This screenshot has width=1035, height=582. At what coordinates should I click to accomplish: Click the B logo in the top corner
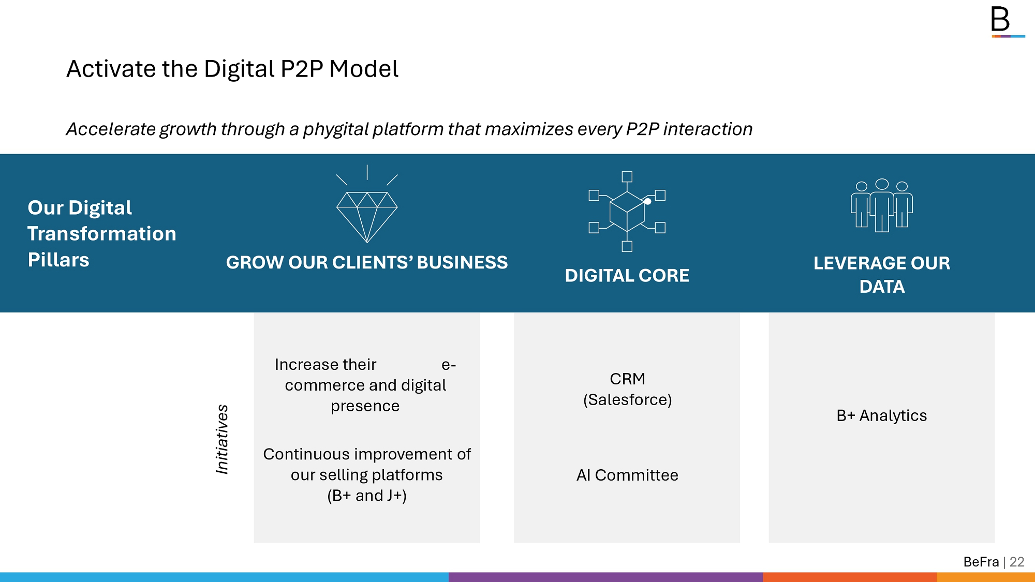tap(1007, 22)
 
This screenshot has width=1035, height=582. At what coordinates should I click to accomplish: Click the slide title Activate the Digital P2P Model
tap(232, 69)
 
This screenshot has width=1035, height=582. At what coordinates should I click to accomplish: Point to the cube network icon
tap(627, 211)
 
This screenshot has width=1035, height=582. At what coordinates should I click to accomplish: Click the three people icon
tap(882, 205)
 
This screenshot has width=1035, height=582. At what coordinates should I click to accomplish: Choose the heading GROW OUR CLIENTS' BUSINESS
tap(367, 262)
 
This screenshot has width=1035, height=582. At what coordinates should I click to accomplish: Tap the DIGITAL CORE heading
tap(627, 276)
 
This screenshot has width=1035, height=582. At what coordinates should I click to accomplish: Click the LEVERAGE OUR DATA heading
tap(882, 275)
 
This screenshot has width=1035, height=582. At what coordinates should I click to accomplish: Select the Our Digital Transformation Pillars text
tap(102, 234)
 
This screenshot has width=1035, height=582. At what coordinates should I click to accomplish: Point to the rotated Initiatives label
tap(222, 439)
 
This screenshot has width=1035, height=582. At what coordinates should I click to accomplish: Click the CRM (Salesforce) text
tap(627, 389)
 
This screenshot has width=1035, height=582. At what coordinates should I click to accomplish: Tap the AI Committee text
tap(627, 475)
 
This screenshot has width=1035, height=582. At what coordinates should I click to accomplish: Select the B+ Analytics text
tap(882, 415)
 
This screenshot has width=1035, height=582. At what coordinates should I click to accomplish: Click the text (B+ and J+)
tap(367, 496)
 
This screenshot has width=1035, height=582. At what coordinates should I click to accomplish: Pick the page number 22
tap(1017, 562)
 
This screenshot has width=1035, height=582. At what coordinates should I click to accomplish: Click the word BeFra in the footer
tap(981, 562)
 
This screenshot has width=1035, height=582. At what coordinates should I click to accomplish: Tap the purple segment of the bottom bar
tap(605, 577)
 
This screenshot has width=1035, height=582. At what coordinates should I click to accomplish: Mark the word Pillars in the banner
tap(58, 260)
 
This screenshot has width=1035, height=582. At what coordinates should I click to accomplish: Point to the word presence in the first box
tap(365, 407)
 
